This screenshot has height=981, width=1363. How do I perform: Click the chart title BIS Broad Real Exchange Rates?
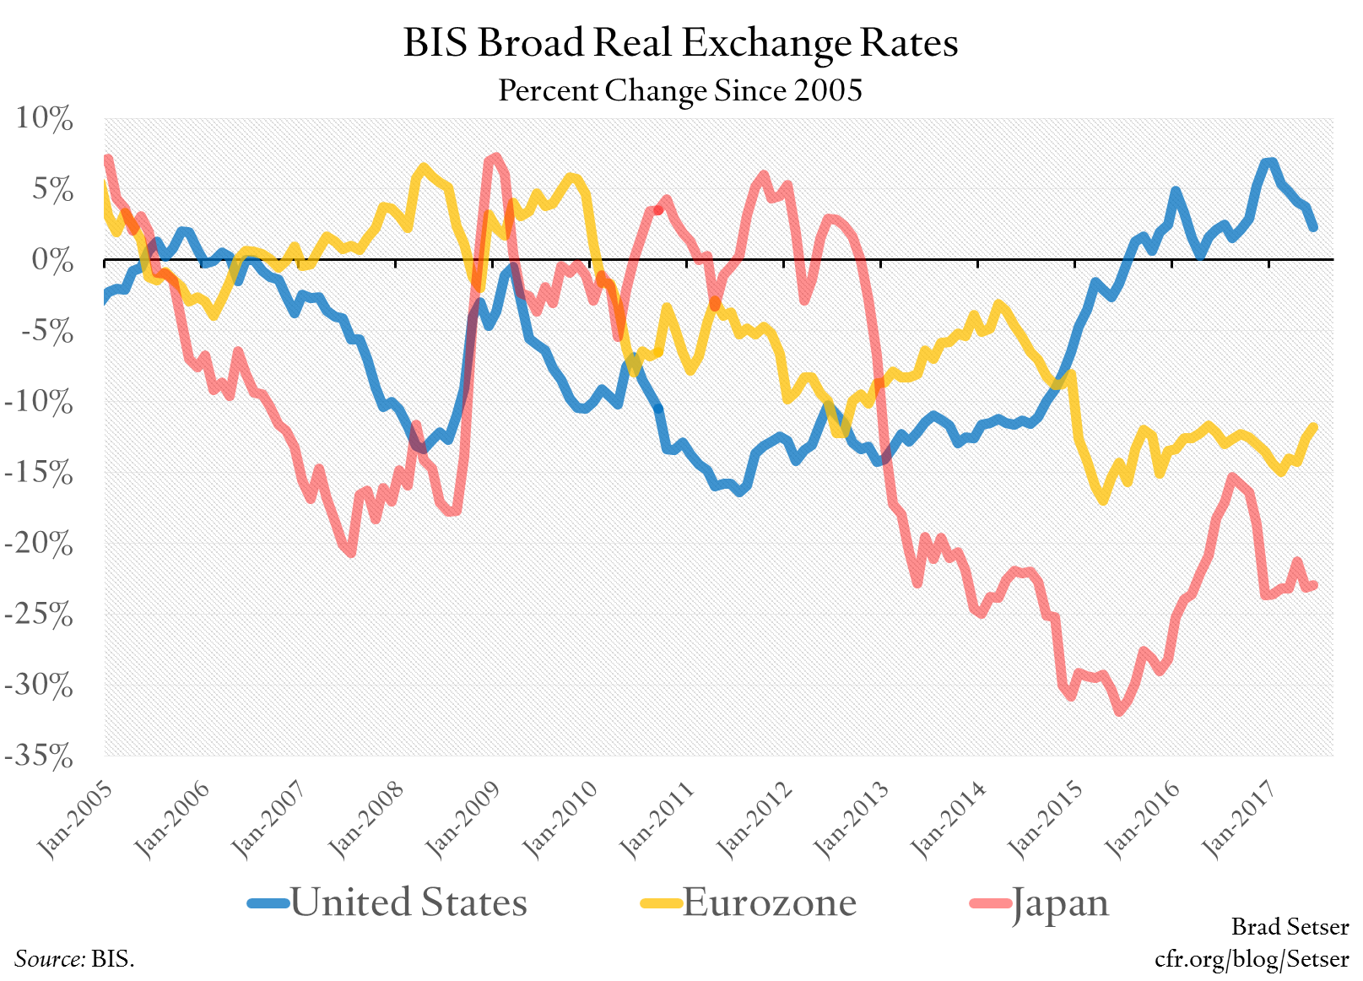[x=680, y=42]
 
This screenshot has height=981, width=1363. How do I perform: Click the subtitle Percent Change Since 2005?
[x=680, y=89]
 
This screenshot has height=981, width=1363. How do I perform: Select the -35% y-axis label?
[x=39, y=756]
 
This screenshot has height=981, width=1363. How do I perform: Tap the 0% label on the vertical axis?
[x=52, y=260]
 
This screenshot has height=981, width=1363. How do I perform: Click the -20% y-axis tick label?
[x=39, y=544]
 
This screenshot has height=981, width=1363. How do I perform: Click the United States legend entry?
[x=408, y=902]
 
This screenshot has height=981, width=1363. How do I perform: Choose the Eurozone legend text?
[x=769, y=902]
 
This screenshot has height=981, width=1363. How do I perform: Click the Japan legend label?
[x=1059, y=902]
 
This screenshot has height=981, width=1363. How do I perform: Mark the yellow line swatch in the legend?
[x=660, y=903]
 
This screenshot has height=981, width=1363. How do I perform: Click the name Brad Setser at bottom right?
[x=1290, y=927]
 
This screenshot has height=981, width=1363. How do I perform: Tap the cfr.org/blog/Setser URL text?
[x=1252, y=959]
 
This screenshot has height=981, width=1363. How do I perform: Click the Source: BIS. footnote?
[x=74, y=959]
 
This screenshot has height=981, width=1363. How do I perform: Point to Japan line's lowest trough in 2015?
[x=1119, y=712]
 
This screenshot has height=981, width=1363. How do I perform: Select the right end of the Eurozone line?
[x=1313, y=427]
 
